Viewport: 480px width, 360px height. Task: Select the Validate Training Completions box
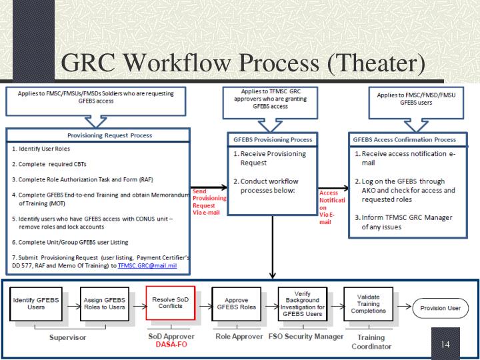click(368, 305)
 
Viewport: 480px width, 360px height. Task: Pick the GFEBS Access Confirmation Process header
click(404, 140)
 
